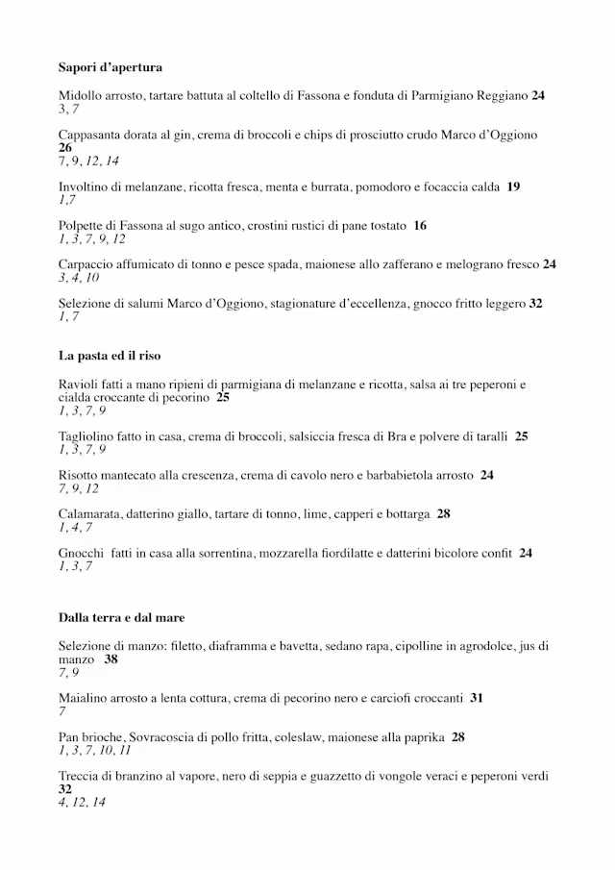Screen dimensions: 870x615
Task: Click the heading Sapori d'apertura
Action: click(110, 68)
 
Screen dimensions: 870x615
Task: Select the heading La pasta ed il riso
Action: click(109, 356)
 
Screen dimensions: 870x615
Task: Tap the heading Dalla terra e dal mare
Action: click(121, 617)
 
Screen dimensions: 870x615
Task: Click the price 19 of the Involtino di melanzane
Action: click(513, 187)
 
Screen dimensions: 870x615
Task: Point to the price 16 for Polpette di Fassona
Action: click(420, 226)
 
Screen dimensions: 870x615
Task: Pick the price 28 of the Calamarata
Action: click(443, 514)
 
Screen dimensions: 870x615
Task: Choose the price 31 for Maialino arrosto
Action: click(477, 699)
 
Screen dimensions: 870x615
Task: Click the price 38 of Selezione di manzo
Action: click(111, 660)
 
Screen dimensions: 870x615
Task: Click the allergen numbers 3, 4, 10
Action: click(78, 278)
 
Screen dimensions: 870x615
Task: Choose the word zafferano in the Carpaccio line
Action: click(416, 264)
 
